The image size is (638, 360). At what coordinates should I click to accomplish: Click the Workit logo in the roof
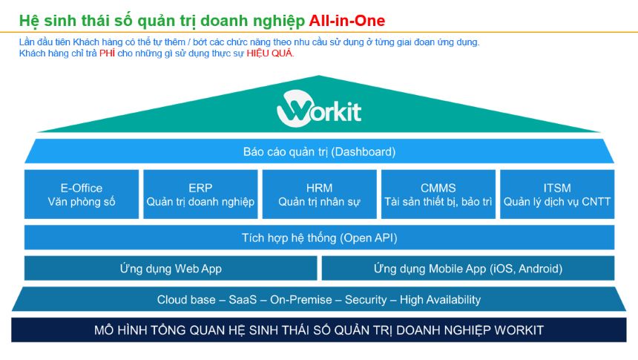(x=319, y=109)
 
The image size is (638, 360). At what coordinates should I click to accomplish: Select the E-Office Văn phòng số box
(x=82, y=194)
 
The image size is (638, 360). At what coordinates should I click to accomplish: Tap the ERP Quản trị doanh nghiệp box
(x=200, y=194)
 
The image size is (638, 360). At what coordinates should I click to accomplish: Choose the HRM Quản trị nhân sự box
(x=319, y=194)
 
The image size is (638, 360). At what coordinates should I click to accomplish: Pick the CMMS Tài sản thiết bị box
(x=438, y=194)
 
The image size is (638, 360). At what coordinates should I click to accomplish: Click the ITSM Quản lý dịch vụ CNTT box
(x=556, y=194)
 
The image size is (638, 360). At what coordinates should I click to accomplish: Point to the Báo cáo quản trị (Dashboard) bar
(x=319, y=151)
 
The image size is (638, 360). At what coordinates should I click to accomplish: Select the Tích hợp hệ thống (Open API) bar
(x=319, y=238)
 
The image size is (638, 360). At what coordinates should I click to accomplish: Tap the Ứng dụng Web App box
(x=171, y=268)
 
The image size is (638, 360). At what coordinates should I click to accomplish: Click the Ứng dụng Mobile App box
(x=467, y=268)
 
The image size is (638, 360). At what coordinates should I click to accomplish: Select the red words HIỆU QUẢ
(x=270, y=53)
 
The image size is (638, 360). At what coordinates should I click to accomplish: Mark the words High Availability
(x=440, y=300)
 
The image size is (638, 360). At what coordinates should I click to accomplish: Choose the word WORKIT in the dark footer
(x=517, y=330)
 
